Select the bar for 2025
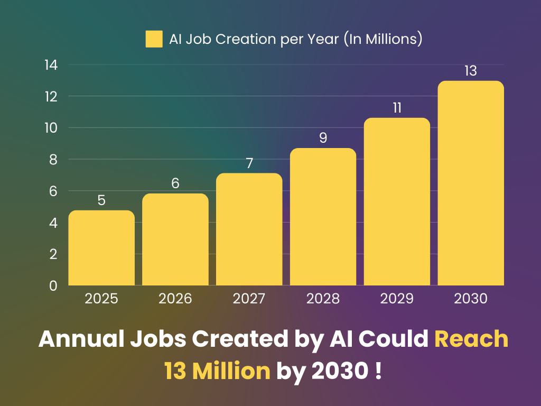coord(101,248)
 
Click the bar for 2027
coord(249,230)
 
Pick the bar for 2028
coord(323,217)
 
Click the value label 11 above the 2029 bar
coord(397,108)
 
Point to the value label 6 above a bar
coord(175,183)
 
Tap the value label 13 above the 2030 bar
coord(471,71)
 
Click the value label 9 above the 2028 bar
coord(323,138)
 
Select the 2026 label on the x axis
coord(175,299)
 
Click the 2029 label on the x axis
coord(397,299)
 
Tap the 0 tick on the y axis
coord(53,286)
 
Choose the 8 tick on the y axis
coord(53,160)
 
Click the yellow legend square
coord(154,39)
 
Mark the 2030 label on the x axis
coord(471,299)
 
